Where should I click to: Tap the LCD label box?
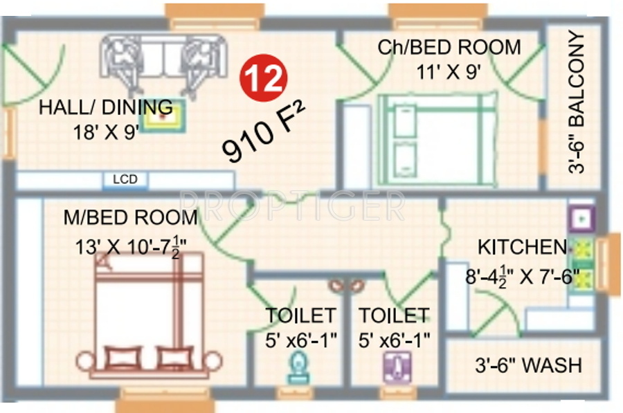[125, 180]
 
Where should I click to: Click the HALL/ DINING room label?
[105, 107]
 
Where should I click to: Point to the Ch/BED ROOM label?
[449, 47]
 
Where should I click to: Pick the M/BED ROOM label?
[130, 218]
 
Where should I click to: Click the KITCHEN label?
[521, 247]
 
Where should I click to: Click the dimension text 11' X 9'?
[449, 71]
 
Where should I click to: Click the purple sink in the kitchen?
[579, 219]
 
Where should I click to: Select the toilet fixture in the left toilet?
[299, 367]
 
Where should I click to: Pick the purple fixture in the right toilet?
[397, 367]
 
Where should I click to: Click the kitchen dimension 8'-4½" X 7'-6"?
[522, 275]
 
